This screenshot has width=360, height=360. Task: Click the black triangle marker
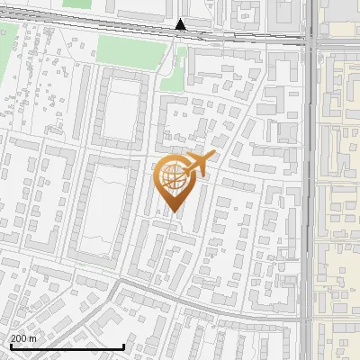pos(181,25)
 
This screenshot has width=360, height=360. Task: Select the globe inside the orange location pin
pos(172,178)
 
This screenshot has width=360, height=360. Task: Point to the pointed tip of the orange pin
pos(172,214)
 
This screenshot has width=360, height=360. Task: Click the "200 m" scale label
pos(23,337)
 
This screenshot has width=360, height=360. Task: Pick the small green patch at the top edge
pos(78,4)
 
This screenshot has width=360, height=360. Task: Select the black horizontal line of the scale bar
pos(67,346)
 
